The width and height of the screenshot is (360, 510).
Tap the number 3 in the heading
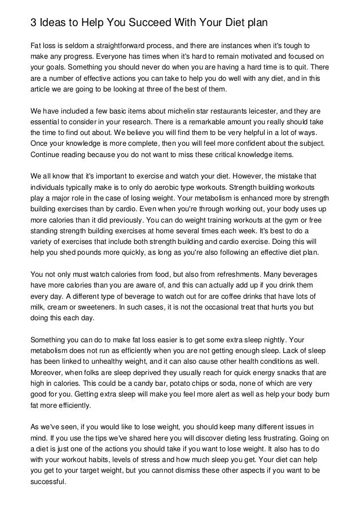(33, 24)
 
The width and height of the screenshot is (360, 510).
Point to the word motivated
(249, 56)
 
